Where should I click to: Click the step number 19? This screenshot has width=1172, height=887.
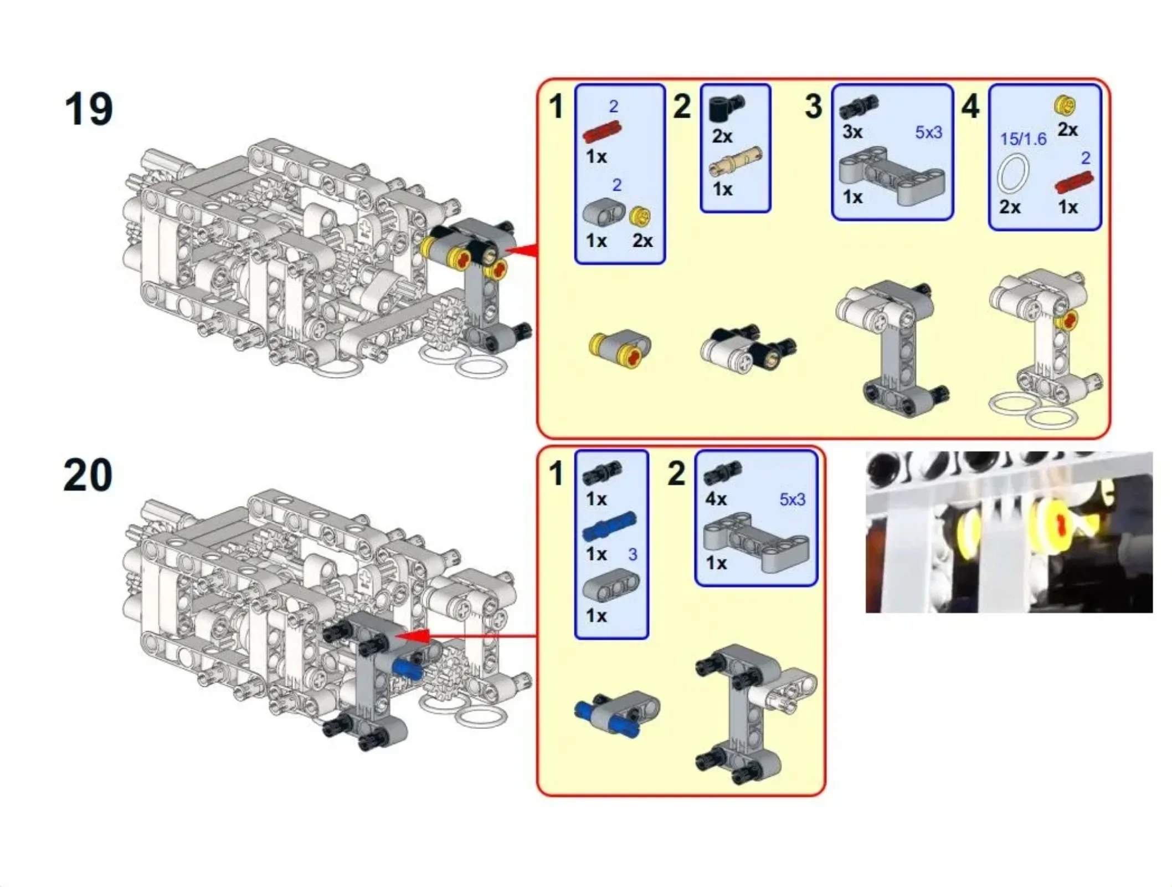[x=89, y=109]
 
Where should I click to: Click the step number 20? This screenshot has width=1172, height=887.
[x=88, y=475]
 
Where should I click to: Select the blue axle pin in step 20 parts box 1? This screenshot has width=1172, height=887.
[x=609, y=526]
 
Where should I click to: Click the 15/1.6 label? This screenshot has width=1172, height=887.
[x=1023, y=139]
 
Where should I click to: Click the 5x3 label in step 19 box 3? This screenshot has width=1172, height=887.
[x=928, y=132]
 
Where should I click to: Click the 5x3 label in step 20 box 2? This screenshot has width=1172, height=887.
[x=792, y=499]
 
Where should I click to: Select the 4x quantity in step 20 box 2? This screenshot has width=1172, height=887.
[x=716, y=499]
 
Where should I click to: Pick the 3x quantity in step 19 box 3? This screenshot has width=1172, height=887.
[x=852, y=132]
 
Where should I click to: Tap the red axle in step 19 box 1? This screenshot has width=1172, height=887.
[x=602, y=132]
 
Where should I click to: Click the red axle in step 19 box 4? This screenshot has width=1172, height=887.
[x=1073, y=182]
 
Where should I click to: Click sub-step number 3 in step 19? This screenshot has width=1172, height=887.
[x=813, y=106]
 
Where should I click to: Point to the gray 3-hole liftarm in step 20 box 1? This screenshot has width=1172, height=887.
[x=610, y=586]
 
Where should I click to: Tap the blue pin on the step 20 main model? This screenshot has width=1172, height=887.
[x=407, y=669]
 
